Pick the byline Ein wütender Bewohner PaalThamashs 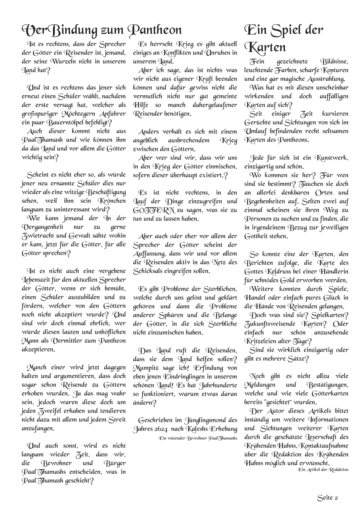point(198,438)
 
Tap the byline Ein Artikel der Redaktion point(323,469)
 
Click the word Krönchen point(112,201)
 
